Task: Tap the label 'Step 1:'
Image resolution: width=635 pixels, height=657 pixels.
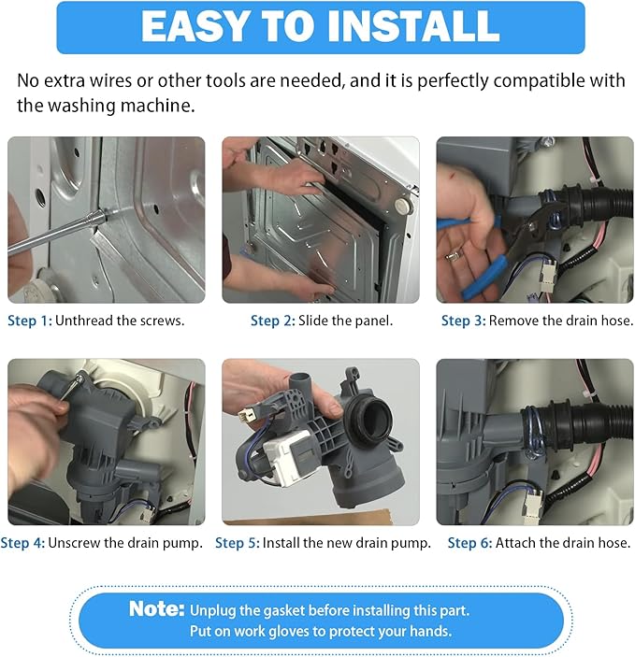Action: [29, 321]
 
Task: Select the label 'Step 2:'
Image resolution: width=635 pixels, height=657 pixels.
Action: [272, 321]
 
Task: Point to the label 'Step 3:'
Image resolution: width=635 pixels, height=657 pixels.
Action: [463, 321]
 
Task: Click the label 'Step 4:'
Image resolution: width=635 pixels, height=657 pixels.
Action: [22, 542]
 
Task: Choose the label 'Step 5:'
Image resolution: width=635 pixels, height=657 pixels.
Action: [237, 542]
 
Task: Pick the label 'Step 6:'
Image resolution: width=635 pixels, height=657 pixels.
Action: [469, 542]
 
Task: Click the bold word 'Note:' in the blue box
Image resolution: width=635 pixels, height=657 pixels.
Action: [156, 609]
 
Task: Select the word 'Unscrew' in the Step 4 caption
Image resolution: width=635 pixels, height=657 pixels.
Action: [74, 542]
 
